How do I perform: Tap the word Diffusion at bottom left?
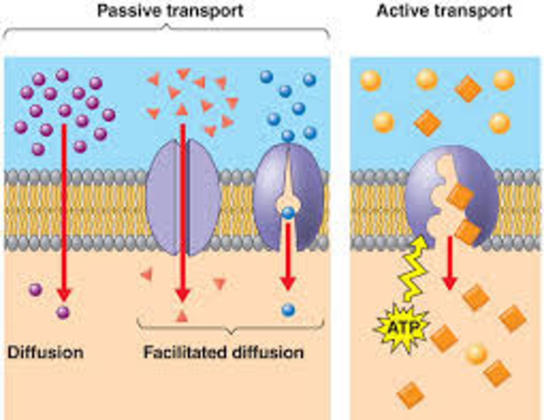coord(46,352)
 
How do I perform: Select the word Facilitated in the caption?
coord(185,352)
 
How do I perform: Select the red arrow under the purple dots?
coord(64,212)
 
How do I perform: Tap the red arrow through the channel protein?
coord(183,212)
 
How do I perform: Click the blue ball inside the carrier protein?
coord(288,213)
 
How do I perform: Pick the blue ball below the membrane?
coord(288,310)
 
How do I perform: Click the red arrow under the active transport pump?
coord(450,264)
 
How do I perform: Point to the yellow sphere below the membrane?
coord(476,354)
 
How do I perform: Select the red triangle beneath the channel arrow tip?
coord(182,316)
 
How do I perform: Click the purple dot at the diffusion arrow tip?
coord(63,312)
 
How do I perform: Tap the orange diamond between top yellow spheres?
coord(468,89)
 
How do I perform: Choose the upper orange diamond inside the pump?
coord(460,196)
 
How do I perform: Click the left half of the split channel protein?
coord(164,196)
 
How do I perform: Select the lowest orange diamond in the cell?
coord(411,395)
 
